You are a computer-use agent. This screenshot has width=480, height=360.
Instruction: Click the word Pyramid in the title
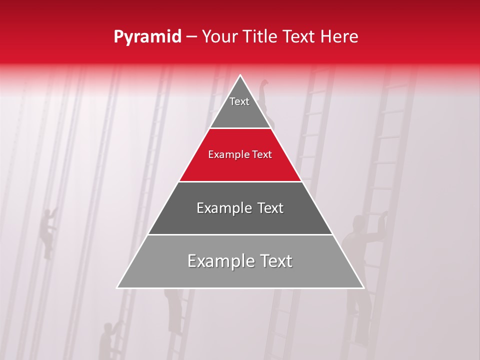(x=147, y=37)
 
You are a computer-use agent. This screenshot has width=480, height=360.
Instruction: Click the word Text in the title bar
(x=298, y=36)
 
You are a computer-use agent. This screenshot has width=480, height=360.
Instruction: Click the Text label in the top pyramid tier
(x=239, y=101)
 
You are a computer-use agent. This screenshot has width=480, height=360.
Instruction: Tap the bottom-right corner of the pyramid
(x=363, y=287)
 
